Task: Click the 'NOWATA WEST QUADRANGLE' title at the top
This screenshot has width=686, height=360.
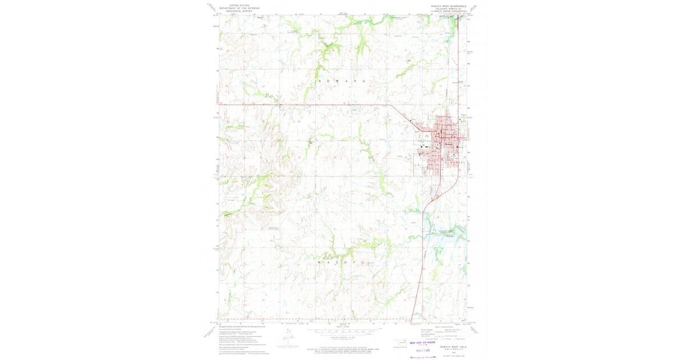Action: [x=448, y=6]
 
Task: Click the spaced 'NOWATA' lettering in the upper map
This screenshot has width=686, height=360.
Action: [x=341, y=82]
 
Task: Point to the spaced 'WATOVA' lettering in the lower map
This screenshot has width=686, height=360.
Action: [x=341, y=262]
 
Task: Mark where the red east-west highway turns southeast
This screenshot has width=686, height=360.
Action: [x=390, y=105]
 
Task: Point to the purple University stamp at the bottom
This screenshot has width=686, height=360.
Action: [x=424, y=357]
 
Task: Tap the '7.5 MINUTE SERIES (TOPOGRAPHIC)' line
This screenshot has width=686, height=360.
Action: [x=448, y=11]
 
